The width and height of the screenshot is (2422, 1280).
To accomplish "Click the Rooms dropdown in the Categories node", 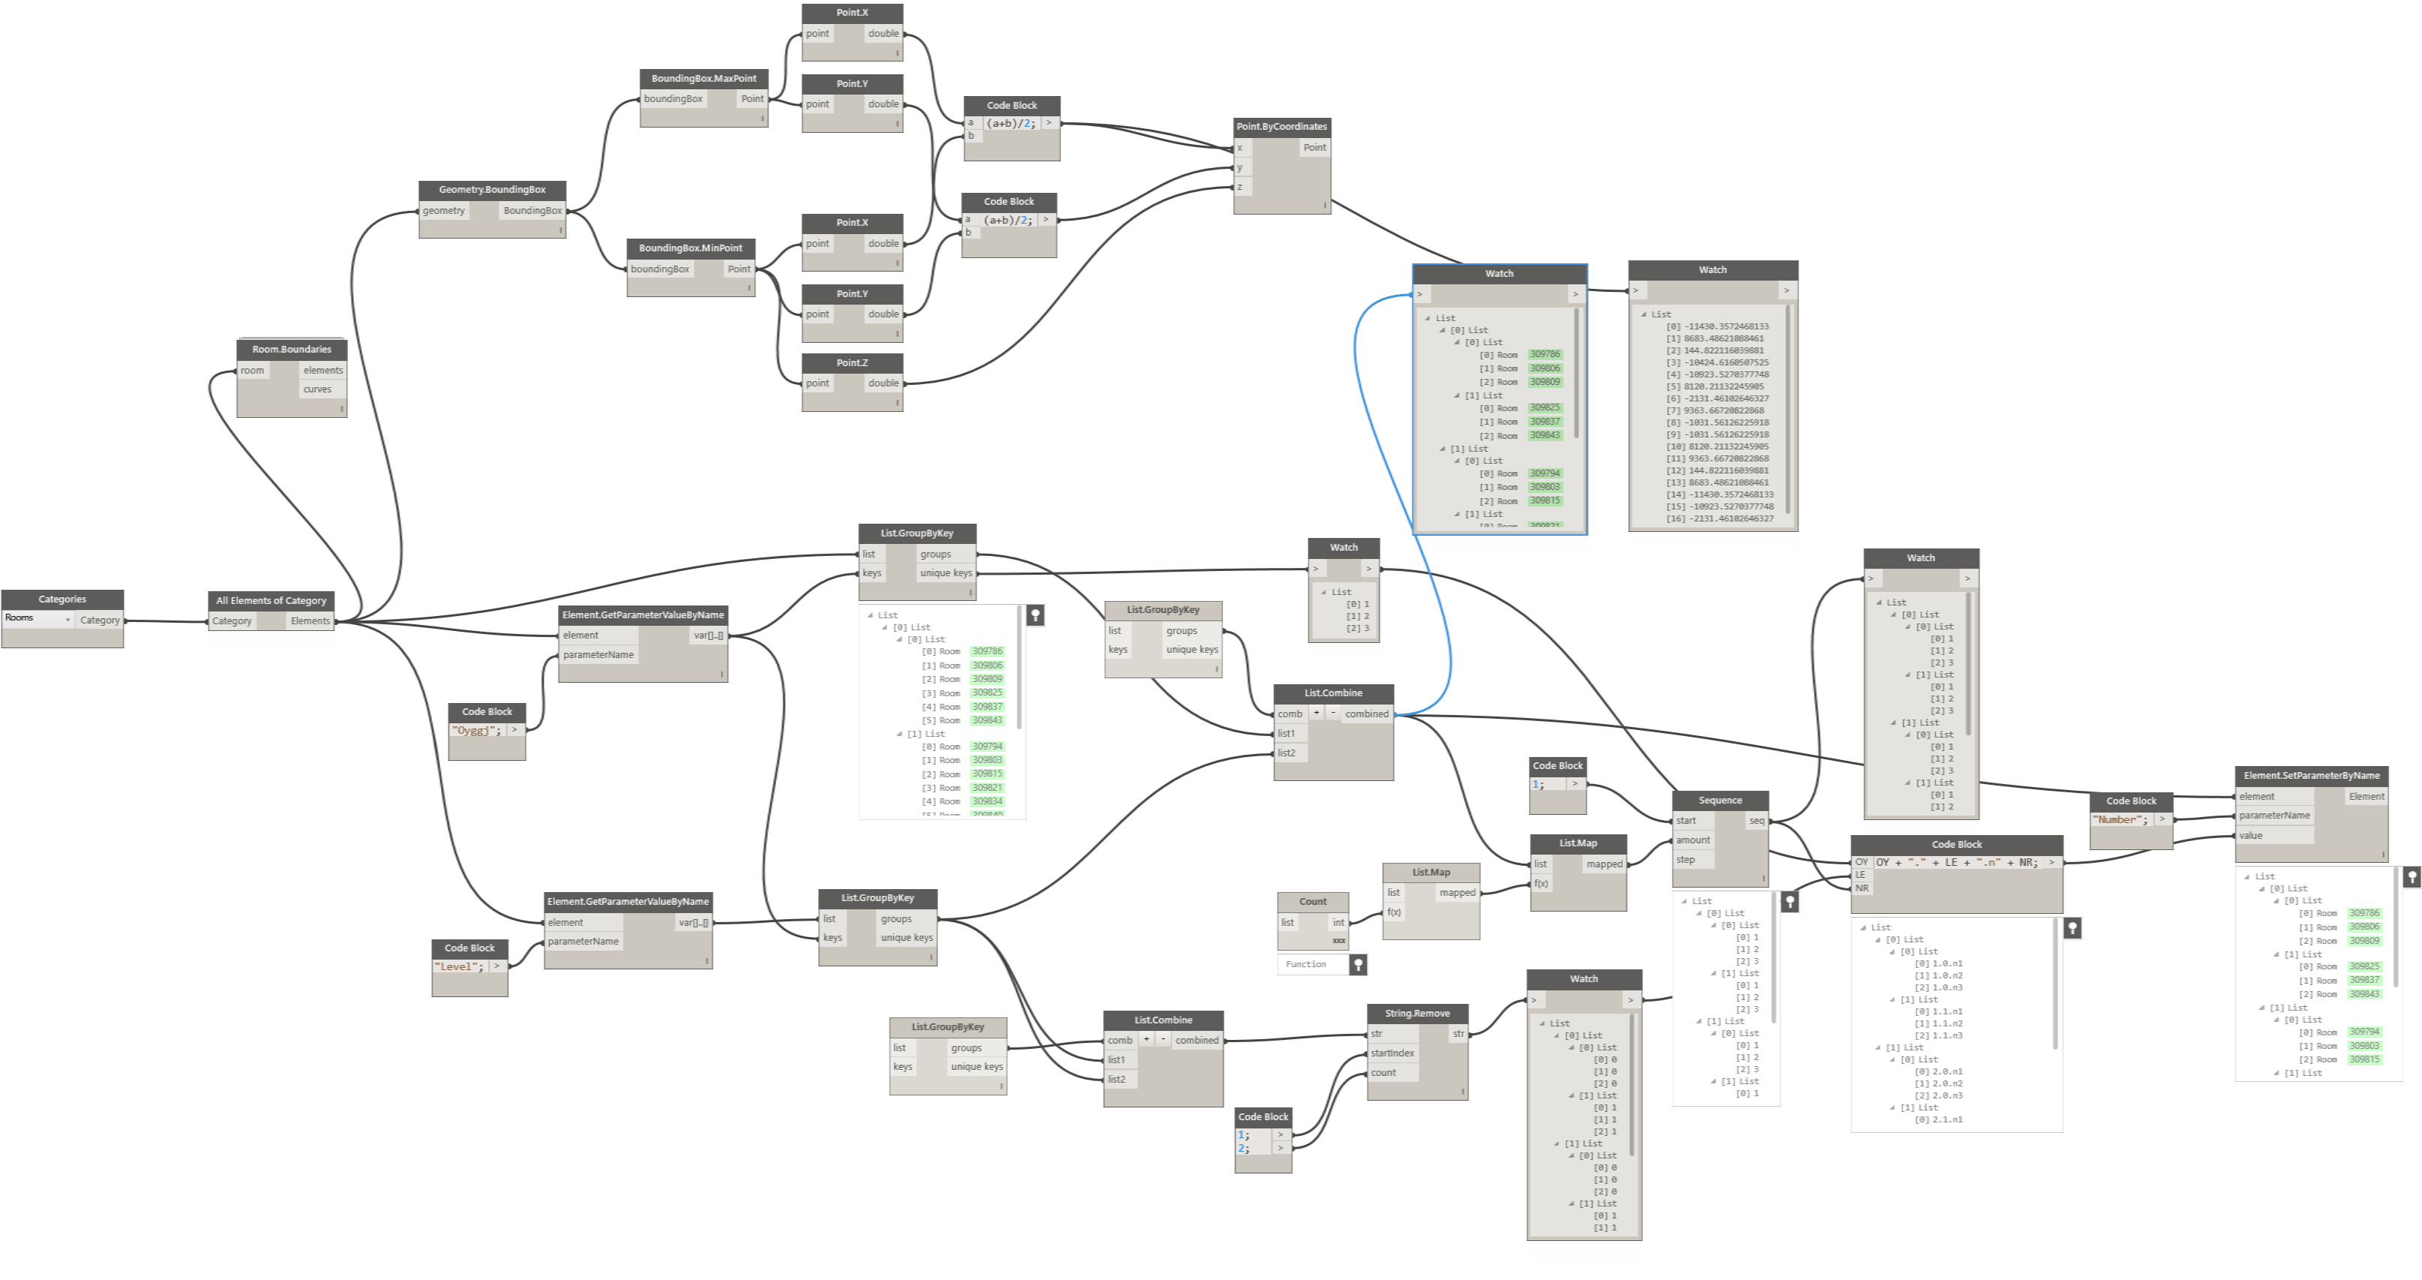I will (37, 619).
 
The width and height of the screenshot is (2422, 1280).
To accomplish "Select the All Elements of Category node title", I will (271, 600).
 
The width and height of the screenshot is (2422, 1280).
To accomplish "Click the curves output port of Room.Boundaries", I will (318, 389).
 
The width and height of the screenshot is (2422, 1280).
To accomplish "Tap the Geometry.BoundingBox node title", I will (492, 190).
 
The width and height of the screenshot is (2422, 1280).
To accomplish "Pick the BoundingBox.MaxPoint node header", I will (703, 78).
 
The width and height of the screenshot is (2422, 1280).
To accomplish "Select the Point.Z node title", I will (852, 363).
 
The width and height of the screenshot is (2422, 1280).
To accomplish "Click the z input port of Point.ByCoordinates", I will (1241, 187).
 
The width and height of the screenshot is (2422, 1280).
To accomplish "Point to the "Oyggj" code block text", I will (475, 731).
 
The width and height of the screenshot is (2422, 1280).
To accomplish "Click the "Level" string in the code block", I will (459, 967).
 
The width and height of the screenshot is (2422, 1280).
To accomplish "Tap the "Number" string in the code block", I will (2119, 820).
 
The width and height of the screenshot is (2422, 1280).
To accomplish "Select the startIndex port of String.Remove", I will (1392, 1053).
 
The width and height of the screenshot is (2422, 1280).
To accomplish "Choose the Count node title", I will (1312, 902).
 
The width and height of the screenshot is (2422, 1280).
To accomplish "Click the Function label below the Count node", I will (1306, 964).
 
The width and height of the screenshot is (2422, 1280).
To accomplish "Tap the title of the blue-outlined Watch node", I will (1499, 274).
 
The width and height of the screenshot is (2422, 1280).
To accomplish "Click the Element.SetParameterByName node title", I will (2311, 776).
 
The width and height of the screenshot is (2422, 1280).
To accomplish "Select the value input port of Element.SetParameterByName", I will (2251, 835).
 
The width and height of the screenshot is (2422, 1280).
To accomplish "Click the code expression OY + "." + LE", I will (1956, 862).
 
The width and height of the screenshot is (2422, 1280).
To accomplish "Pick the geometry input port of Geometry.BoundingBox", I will (444, 211).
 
